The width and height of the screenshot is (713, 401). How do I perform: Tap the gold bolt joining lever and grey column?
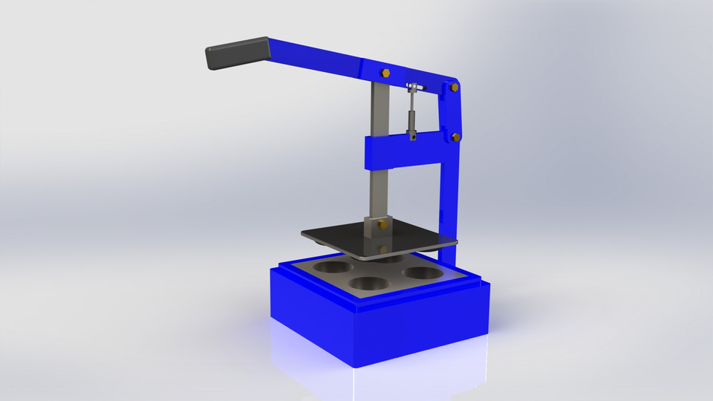pos(386,73)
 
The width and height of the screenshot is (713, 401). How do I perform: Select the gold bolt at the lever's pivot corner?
pos(452,88)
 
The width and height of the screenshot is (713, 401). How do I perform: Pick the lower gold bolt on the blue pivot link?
pos(455,137)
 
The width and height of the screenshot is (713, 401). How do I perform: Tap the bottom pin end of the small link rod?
pos(410,135)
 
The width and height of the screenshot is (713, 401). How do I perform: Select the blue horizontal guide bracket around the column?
pos(401,154)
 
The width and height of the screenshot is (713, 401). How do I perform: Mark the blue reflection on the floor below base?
pos(371,379)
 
